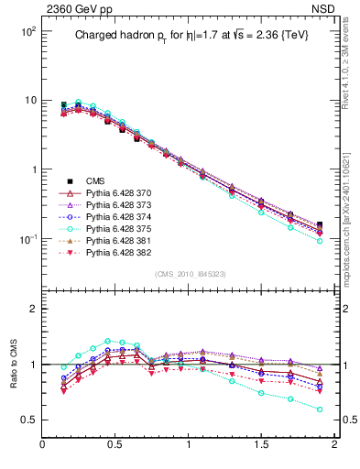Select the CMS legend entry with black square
95,181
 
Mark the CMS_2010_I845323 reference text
189,274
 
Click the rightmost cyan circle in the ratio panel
320,409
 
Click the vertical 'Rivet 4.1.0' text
352,55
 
